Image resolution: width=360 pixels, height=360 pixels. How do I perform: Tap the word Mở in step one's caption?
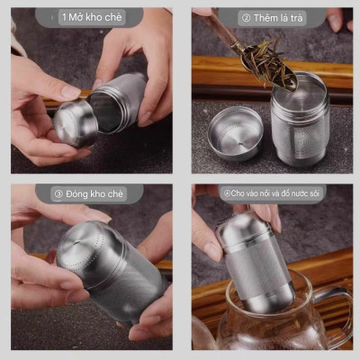[76, 17]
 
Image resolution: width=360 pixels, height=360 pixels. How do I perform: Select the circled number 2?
[245, 17]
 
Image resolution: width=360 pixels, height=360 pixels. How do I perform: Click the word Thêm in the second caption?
[267, 17]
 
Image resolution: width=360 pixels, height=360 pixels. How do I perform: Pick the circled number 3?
[58, 193]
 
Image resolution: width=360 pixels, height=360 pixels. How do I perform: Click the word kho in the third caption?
[102, 193]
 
